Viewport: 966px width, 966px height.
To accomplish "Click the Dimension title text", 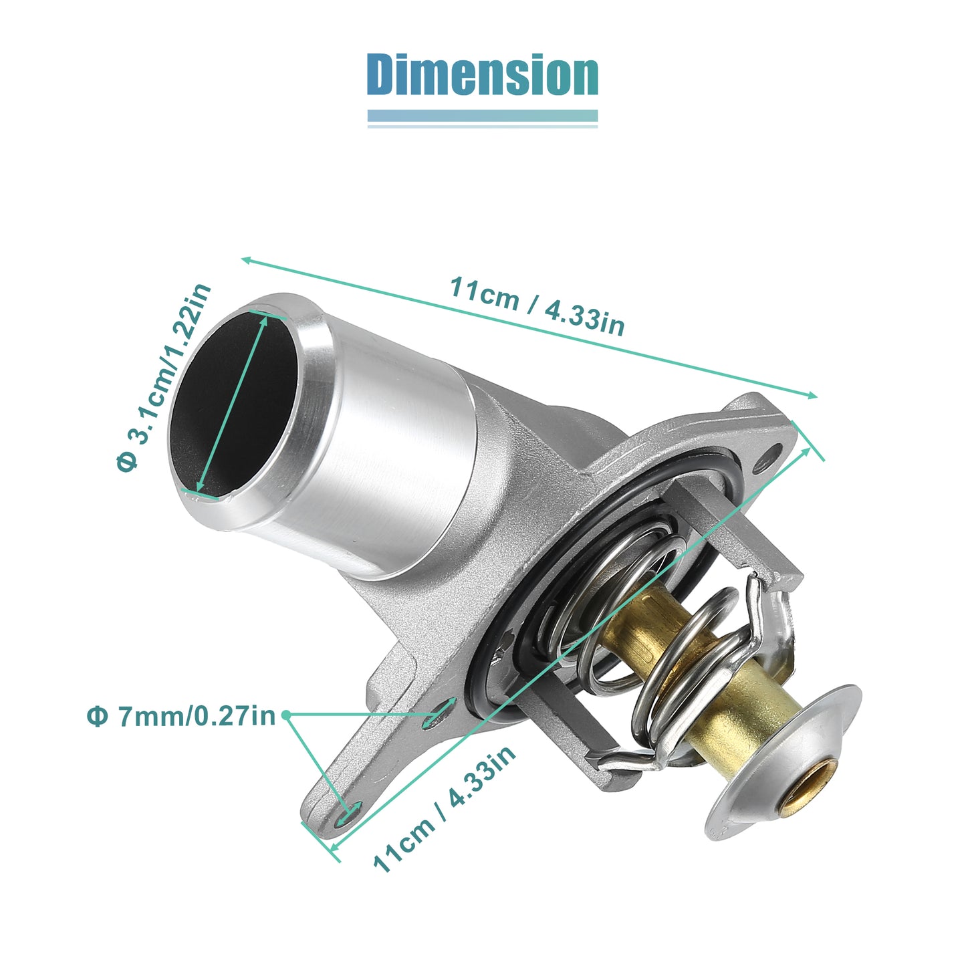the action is coord(482,74).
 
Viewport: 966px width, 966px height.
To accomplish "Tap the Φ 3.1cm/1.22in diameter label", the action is coord(164,377).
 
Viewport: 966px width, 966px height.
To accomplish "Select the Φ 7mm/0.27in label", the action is coord(181,717).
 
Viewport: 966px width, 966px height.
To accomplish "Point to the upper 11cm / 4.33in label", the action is coord(537,306).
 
